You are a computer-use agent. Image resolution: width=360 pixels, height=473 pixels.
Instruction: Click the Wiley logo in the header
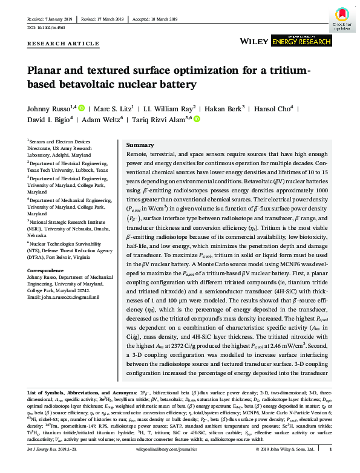tap(254, 41)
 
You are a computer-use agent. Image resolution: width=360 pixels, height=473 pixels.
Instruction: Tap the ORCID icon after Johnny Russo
tap(82, 109)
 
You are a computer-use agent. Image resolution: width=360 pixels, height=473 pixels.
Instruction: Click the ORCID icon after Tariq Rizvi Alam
tap(196, 120)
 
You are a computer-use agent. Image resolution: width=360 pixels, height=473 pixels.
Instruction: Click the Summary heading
tap(140, 146)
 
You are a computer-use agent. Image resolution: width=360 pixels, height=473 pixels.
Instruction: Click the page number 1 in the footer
tap(330, 466)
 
